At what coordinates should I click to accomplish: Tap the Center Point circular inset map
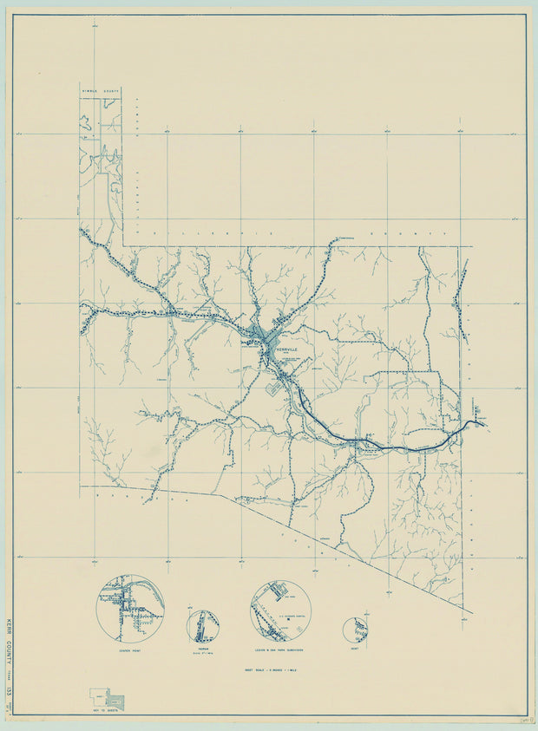129,608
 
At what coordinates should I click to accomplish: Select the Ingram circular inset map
204,624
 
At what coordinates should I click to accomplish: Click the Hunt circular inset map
355,630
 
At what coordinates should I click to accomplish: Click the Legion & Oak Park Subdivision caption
280,649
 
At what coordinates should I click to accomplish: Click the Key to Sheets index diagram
106,699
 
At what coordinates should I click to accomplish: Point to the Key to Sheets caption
107,713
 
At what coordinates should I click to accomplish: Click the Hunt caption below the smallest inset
355,649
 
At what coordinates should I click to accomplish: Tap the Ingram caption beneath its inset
204,649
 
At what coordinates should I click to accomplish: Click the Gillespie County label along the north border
286,235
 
